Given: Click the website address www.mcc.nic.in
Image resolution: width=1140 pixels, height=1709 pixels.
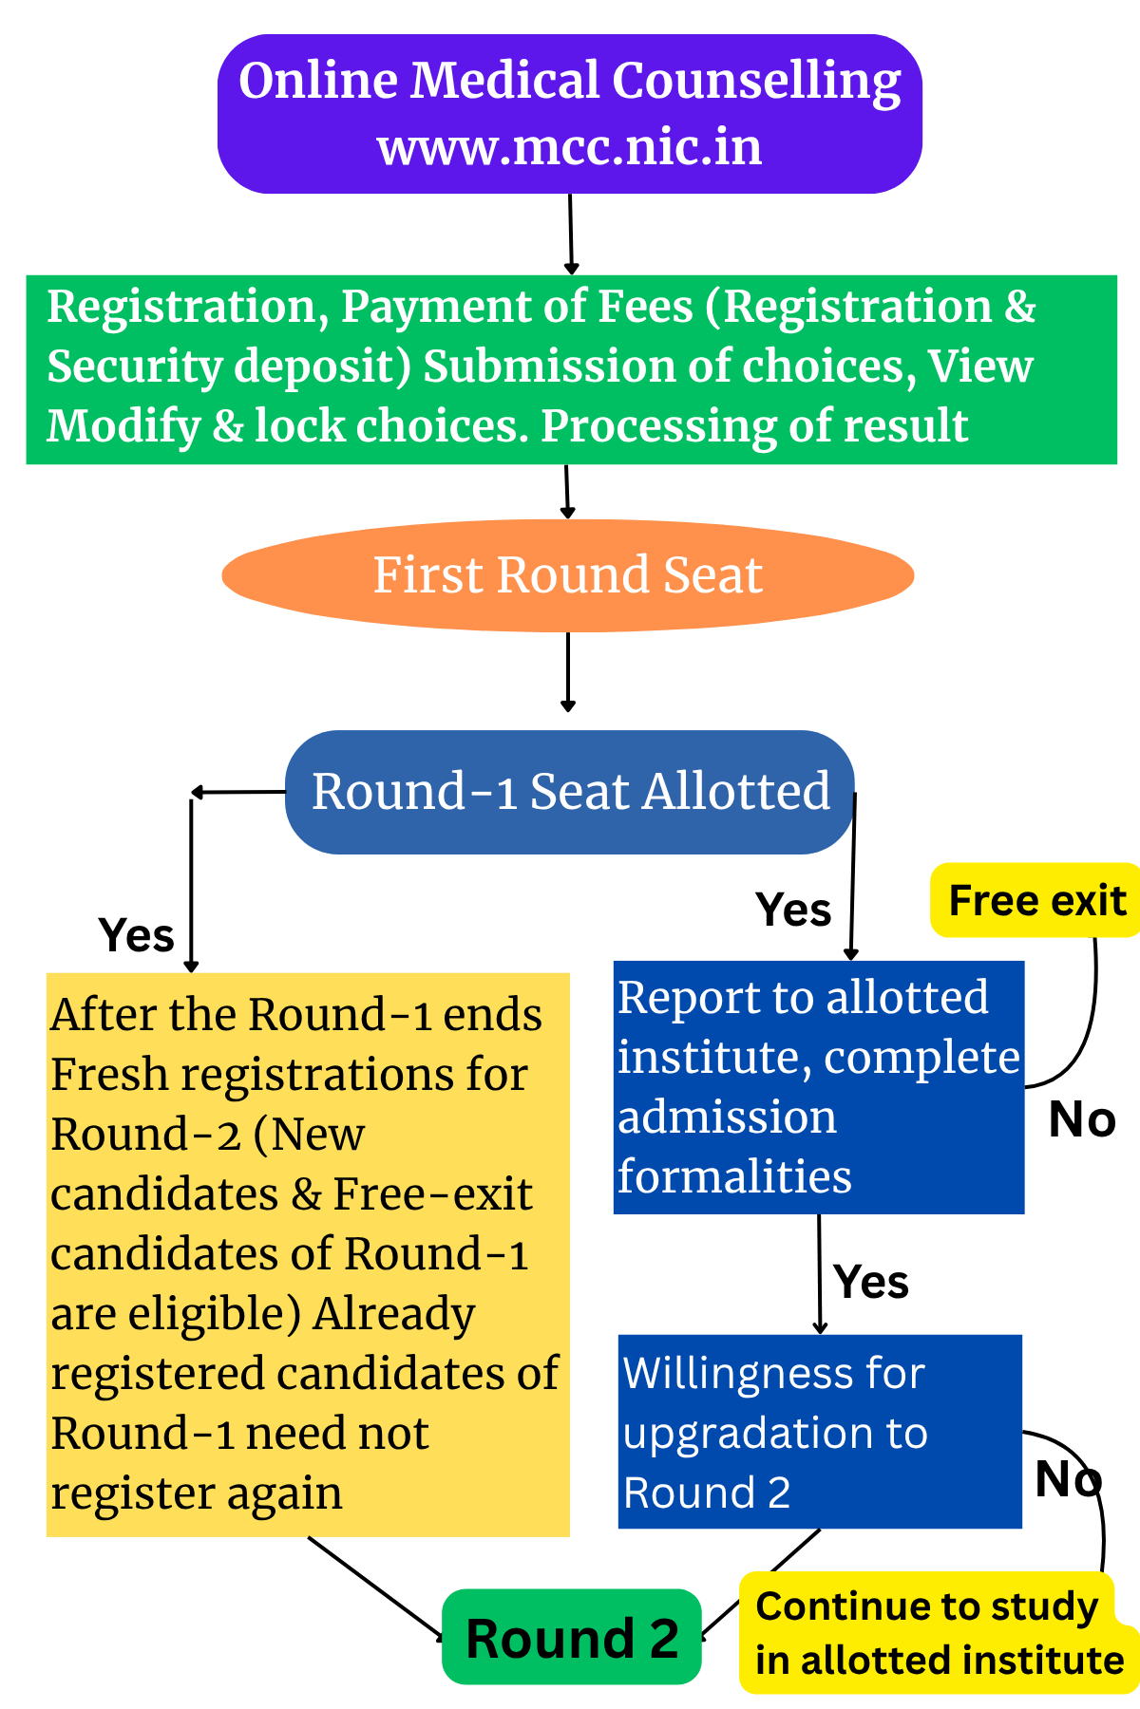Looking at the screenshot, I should coord(570,148).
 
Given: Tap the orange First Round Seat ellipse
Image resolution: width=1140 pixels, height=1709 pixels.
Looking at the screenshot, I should coord(567,575).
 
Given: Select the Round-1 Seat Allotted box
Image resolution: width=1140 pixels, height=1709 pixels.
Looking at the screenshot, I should coord(570,792).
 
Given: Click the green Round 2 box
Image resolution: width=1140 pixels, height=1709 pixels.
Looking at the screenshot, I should coord(572,1638).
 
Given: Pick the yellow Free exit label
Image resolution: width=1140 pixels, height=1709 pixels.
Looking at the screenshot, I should coord(1035,900).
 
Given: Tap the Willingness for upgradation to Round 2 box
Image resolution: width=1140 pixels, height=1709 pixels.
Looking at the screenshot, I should coord(819,1432).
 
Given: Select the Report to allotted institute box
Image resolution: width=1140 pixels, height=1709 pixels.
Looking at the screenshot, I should coord(818,1087).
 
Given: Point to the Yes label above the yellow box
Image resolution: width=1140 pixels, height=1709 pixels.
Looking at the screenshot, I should coord(137,935).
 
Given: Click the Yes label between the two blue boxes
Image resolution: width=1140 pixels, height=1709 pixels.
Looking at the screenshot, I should coord(871,1282).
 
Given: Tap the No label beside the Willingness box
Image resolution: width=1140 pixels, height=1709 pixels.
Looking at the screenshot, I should coord(1068,1478).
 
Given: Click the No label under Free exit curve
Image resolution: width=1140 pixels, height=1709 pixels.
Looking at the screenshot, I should coord(1081,1119).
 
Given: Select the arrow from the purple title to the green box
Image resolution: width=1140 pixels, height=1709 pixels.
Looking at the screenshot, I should coord(571,234).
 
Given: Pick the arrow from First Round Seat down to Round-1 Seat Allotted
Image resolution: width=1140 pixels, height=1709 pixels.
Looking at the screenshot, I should coord(568,670).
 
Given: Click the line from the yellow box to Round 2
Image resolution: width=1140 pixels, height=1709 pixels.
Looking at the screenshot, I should coord(374,1587).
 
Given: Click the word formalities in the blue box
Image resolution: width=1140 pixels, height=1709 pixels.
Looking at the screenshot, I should coord(734,1176).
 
